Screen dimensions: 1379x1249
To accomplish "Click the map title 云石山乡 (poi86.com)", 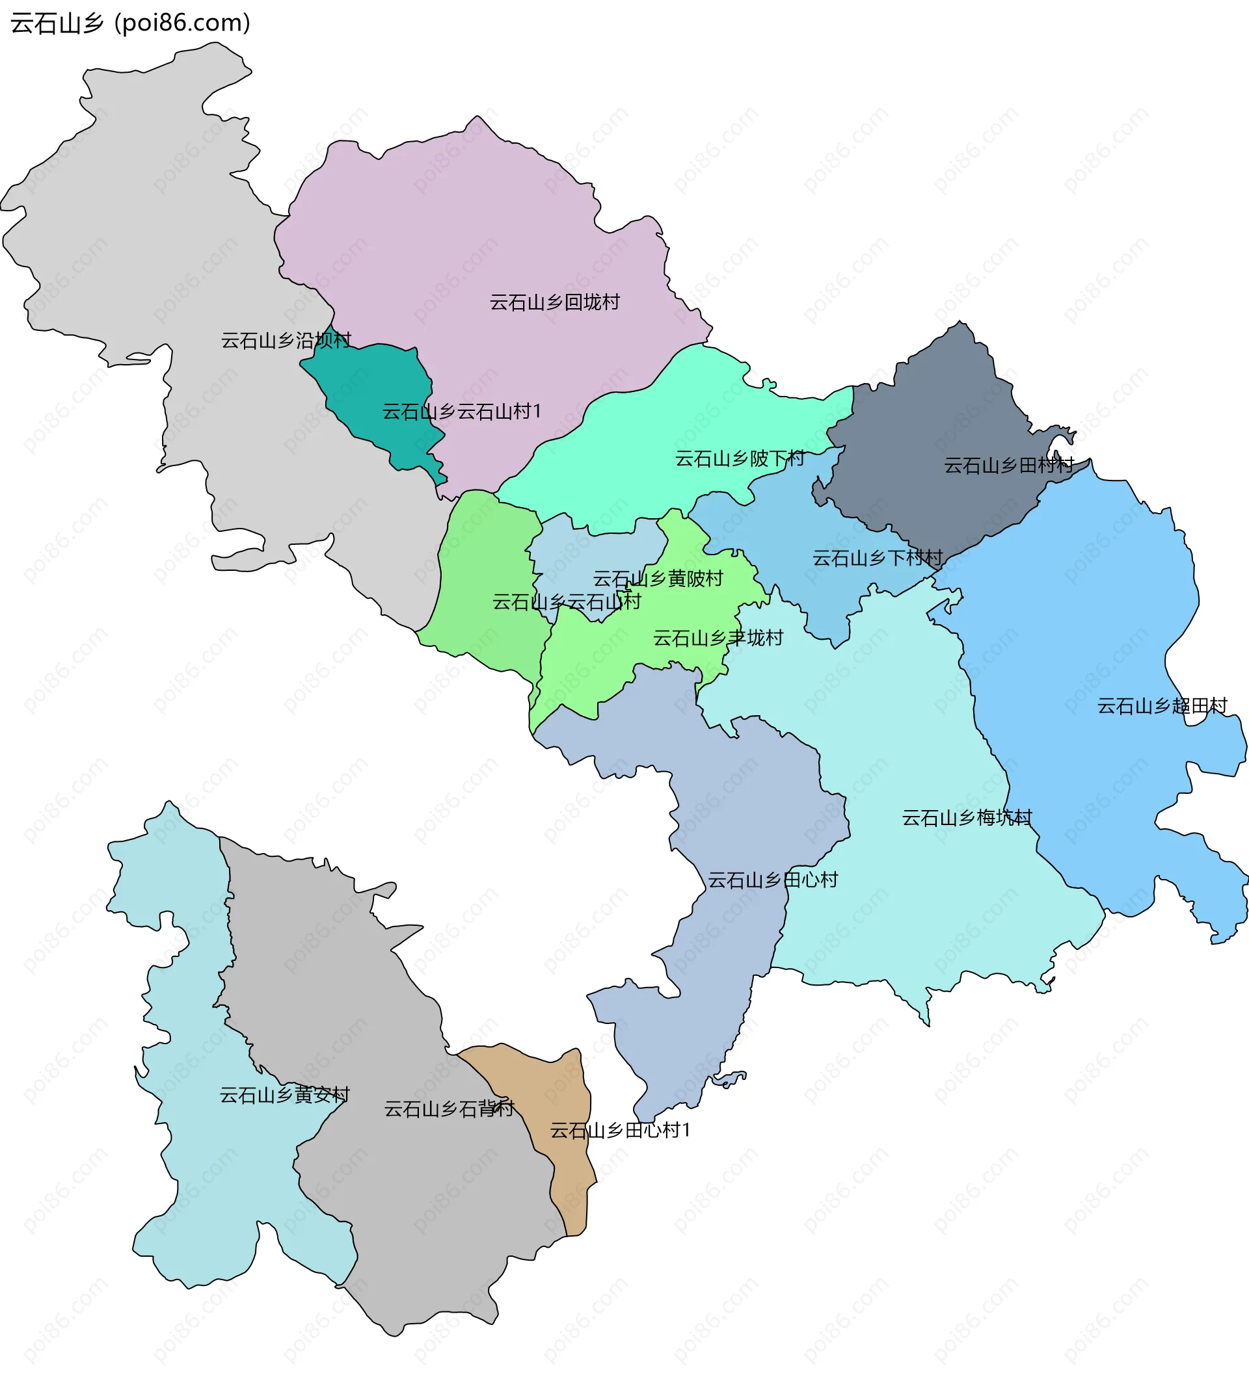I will (x=131, y=23).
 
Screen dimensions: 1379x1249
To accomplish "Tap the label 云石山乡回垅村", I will (x=554, y=302).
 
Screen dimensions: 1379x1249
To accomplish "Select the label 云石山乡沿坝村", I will (x=286, y=340).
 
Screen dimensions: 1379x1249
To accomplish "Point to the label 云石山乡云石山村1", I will (x=461, y=412).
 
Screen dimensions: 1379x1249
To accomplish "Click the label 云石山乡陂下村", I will (x=740, y=459).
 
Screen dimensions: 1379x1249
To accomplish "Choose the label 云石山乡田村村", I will (x=1009, y=466).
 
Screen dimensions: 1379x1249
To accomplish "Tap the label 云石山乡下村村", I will (x=878, y=558).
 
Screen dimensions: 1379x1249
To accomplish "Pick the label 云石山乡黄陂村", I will (x=658, y=579).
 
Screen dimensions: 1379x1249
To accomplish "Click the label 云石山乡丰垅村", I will (x=718, y=638).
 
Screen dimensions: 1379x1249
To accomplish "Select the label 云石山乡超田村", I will (x=1162, y=706).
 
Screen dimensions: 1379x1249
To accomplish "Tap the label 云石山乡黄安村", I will (x=284, y=1095).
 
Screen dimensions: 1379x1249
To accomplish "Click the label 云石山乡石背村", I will (x=449, y=1109).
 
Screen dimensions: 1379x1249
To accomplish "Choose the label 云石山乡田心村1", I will (x=620, y=1131).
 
